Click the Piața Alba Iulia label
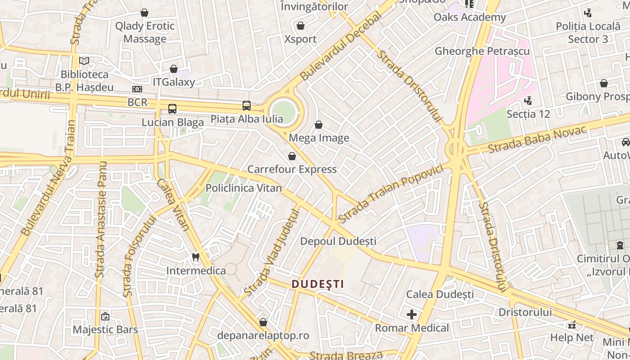pos(247,119)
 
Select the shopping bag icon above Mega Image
pos(319,125)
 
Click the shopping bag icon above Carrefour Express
pos(292,156)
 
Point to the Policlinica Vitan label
pos(243,188)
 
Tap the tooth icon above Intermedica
pos(195,257)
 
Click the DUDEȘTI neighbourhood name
pos(318,284)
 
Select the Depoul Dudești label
pos(338,241)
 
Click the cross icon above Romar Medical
pos(411,315)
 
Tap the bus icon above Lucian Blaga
pos(172,108)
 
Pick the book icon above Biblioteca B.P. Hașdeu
pos(84,60)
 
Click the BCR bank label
pos(137,102)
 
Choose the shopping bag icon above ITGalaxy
pos(174,69)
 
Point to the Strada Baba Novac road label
pos(537,139)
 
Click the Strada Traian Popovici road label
pos(390,194)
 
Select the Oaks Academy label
pos(470,18)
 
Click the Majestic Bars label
pos(105,329)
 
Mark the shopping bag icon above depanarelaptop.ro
pos(263,322)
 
